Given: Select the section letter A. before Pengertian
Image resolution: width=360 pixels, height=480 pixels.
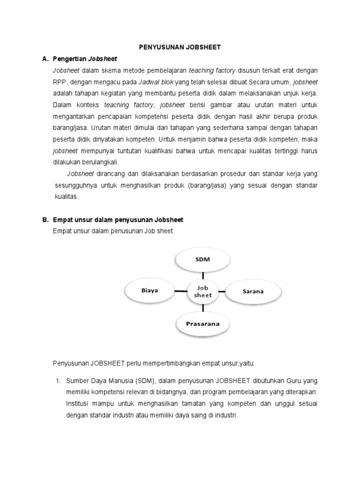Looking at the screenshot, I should [x=45, y=59].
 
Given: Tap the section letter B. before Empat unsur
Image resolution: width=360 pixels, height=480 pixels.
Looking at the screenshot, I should [x=45, y=219].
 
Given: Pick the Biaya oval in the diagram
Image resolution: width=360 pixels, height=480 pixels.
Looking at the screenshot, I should [x=150, y=290].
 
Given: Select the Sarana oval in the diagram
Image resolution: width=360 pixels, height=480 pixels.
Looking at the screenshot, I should [x=253, y=291].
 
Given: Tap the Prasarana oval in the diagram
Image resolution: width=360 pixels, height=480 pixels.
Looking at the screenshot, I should [x=203, y=323].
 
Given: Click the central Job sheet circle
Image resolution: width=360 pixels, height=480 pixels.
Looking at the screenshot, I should [x=203, y=291].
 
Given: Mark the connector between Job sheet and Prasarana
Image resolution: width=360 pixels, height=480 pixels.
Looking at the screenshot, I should [x=203, y=307].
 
